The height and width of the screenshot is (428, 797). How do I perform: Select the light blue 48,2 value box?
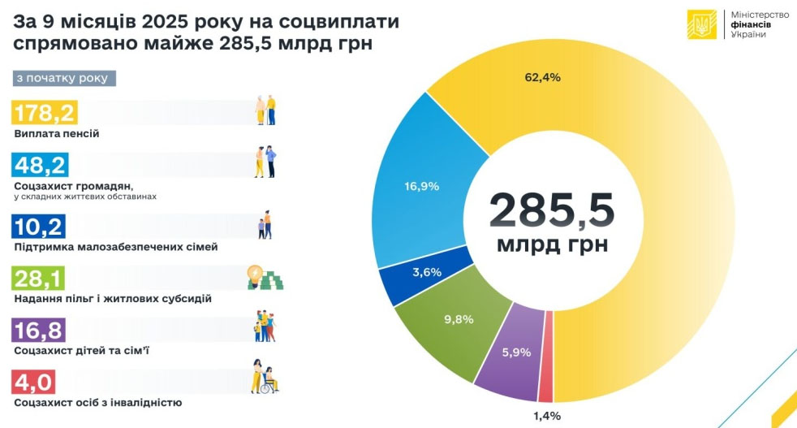coord(41,166)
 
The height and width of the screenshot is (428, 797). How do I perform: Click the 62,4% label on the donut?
coord(543,77)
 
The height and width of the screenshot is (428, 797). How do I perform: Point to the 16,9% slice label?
coord(421,186)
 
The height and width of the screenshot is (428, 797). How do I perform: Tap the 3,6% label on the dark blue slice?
coord(426,272)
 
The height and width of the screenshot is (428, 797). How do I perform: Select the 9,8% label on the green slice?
coord(458,319)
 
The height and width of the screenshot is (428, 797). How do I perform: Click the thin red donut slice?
coord(545,357)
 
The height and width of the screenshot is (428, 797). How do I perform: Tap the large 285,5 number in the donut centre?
coord(552,210)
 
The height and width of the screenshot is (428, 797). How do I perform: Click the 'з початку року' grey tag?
coord(65,78)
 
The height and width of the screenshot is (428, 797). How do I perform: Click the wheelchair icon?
coord(265,378)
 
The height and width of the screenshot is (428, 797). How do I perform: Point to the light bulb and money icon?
coord(265,278)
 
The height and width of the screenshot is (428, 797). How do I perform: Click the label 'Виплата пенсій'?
coord(57,133)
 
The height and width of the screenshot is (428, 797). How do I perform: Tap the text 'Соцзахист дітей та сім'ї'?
coord(81,350)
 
